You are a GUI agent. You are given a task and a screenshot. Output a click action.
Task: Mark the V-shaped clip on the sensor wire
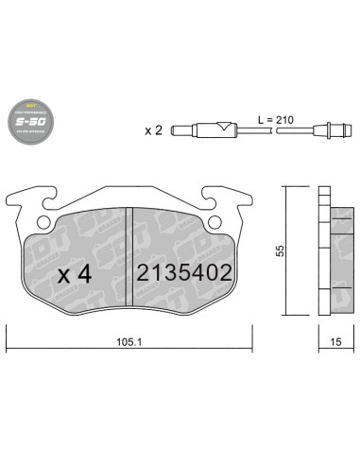point(223,128)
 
